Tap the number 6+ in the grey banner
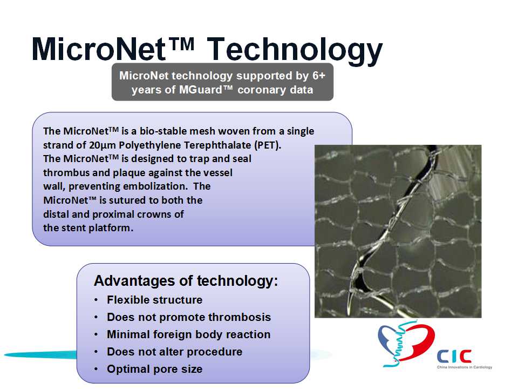coord(319,76)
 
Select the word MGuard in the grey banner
coord(200,90)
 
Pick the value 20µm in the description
coord(102,145)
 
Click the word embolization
coord(155,186)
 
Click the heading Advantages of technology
coord(186,281)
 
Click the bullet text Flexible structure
coord(155,300)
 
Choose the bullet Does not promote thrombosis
coord(189,317)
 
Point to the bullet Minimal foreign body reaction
coord(189,335)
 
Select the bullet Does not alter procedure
coord(174,352)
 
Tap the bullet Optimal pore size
coord(155,369)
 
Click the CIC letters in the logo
coord(454,357)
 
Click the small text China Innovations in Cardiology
coord(465,367)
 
